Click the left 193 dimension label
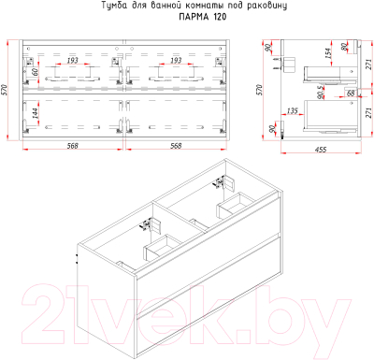click(x=72, y=60)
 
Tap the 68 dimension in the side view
click(x=351, y=94)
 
